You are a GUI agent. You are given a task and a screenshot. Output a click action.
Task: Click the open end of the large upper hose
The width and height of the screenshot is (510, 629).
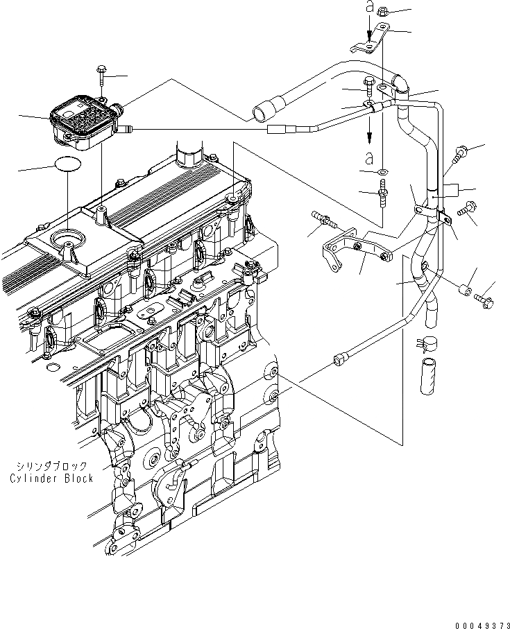pyautogui.click(x=263, y=111)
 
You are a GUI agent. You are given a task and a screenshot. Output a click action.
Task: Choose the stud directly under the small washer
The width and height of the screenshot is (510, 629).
pyautogui.click(x=381, y=191)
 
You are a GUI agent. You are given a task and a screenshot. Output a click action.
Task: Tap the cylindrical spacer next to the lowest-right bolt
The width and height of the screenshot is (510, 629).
pyautogui.click(x=469, y=287)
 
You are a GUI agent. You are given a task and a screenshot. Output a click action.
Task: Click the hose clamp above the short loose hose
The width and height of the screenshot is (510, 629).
pyautogui.click(x=424, y=341)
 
